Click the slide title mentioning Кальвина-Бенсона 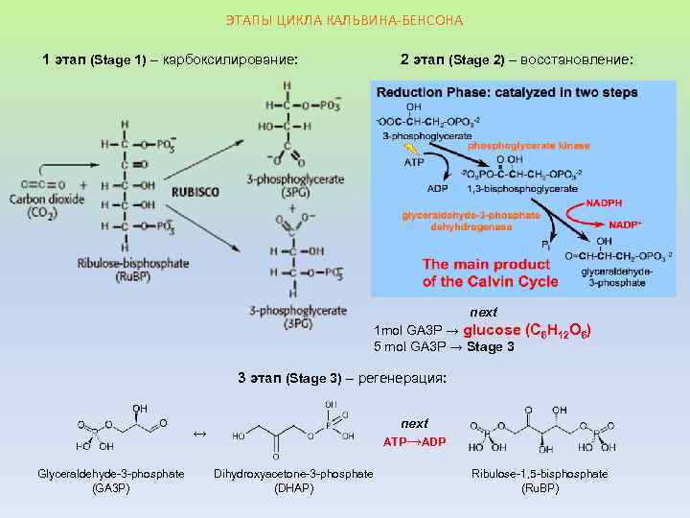[344, 20]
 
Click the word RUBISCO [195, 192]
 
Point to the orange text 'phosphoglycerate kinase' [528, 146]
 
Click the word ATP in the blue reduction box [414, 163]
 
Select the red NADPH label [604, 203]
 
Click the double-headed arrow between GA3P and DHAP [199, 435]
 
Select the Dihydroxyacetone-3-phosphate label [293, 474]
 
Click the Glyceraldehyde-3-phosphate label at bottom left [111, 474]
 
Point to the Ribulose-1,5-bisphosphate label [540, 474]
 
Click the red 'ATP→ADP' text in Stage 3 [415, 442]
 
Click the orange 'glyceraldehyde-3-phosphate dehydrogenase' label [470, 222]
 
